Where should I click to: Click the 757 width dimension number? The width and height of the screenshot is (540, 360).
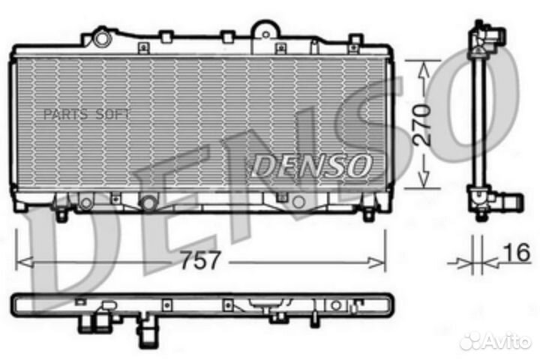(x=200, y=261)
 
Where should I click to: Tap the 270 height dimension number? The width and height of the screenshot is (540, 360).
(x=423, y=124)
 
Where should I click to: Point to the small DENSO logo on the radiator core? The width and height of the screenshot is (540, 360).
(x=309, y=166)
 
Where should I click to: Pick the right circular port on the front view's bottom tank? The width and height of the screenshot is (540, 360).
(x=298, y=202)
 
